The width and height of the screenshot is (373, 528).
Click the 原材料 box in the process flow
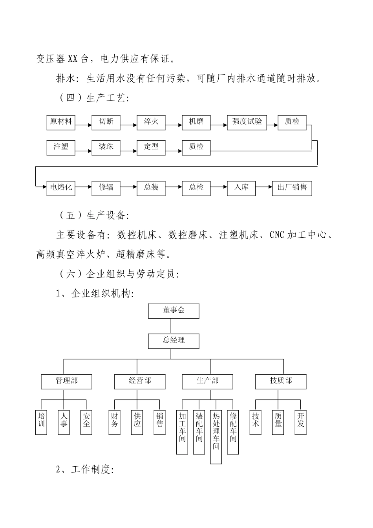61,122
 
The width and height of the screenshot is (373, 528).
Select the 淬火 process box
151,122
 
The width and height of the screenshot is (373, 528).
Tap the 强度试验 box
247,122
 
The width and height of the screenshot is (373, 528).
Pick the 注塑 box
61,147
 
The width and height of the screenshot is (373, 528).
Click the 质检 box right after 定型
196,147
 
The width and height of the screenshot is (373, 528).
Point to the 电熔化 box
61,187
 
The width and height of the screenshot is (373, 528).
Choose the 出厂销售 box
292,187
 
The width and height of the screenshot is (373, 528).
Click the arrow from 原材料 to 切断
83,126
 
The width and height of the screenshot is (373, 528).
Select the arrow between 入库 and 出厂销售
263,188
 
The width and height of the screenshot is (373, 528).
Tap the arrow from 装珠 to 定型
128,150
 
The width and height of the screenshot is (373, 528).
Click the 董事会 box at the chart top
174,310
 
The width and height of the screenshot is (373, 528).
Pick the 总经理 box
174,340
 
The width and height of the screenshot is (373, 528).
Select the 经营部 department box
140,381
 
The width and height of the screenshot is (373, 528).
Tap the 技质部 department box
281,381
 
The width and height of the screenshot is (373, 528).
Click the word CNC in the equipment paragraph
277,235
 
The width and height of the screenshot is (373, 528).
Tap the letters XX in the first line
73,59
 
